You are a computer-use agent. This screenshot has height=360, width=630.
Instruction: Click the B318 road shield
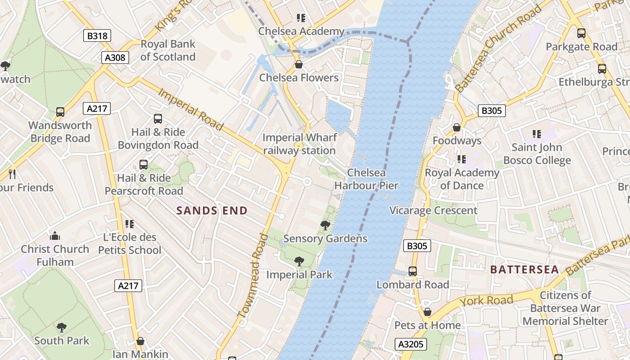point(97,36)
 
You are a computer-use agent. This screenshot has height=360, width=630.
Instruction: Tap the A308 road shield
point(115,58)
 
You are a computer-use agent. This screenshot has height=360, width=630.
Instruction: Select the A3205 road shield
point(411,344)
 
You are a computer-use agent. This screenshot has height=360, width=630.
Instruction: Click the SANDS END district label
point(212,211)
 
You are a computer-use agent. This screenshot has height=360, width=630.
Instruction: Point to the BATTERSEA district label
point(524,270)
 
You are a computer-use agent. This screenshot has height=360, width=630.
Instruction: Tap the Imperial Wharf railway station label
point(299,144)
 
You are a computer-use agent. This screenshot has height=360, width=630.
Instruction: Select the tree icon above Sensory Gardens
point(325,225)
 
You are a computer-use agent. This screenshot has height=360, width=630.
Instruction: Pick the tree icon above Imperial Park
point(299,261)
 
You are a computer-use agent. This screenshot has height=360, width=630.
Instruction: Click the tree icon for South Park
point(62,328)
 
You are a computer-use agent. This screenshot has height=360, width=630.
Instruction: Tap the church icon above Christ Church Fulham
point(55,236)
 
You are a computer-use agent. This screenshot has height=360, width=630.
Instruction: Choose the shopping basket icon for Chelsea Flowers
point(298,65)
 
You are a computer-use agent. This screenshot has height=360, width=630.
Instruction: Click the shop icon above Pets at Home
point(427,312)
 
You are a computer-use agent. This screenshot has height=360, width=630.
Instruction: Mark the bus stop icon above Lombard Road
point(413,271)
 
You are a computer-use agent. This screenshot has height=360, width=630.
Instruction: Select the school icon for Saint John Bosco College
point(536,134)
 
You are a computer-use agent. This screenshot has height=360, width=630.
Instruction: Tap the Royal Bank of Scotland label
point(168,50)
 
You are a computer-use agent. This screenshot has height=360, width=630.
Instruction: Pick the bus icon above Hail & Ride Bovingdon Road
point(158,119)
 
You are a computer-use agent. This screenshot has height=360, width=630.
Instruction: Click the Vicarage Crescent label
point(433,211)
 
